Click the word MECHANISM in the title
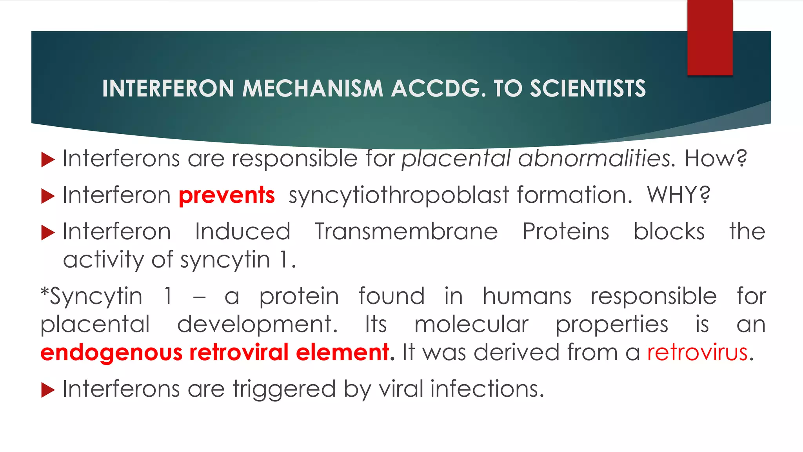tap(312, 88)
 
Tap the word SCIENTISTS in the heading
tap(588, 88)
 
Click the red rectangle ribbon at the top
tap(710, 38)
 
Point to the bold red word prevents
tap(227, 195)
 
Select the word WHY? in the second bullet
tap(678, 195)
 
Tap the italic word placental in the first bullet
tap(456, 159)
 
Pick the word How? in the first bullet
tap(716, 159)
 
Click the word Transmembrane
tap(406, 231)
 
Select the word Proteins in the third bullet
tap(566, 231)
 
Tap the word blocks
tap(669, 231)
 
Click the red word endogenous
tap(111, 353)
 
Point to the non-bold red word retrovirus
tap(698, 352)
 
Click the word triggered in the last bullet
tap(284, 389)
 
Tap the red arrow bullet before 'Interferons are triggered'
tap(47, 390)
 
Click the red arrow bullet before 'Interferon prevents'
tap(47, 196)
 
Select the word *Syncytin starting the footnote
tap(91, 296)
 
